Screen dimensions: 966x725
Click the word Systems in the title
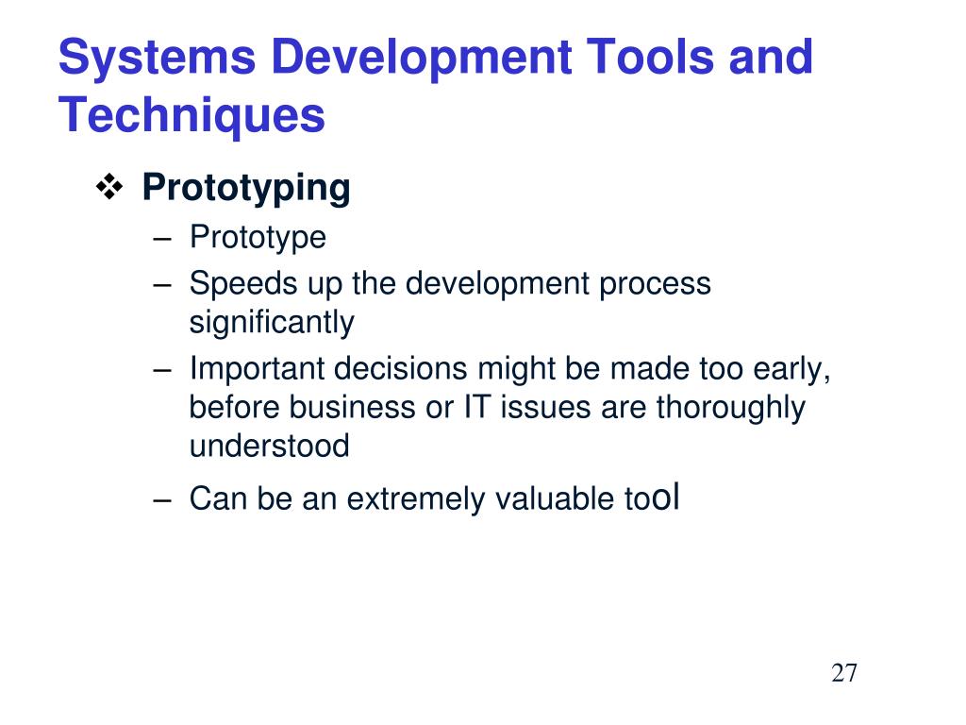[157, 57]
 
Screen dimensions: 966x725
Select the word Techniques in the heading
[192, 116]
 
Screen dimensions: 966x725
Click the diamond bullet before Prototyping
[109, 187]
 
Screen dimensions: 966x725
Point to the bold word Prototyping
[246, 189]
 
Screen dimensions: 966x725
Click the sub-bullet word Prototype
[258, 239]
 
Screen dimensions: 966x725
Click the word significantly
[272, 323]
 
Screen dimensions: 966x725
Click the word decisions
[400, 369]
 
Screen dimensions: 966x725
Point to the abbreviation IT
[476, 408]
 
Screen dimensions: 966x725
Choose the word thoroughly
[731, 409]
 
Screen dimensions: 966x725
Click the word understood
[269, 446]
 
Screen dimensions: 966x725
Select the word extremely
[415, 499]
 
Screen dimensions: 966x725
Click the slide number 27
[843, 673]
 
